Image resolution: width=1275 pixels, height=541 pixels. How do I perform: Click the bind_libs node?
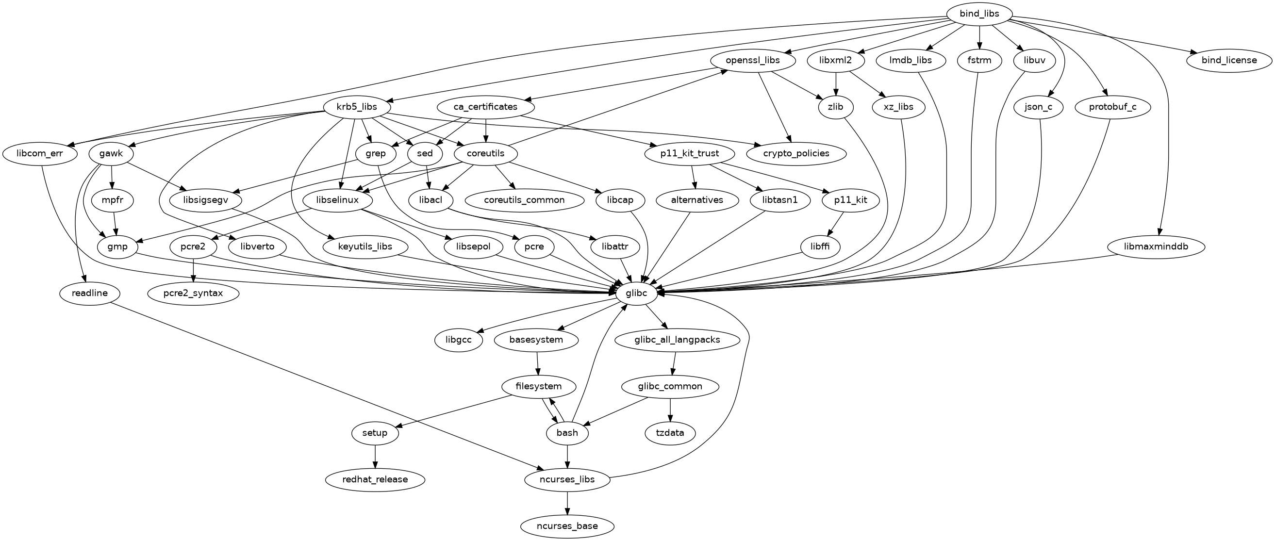click(979, 14)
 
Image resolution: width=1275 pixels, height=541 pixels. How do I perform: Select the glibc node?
click(636, 294)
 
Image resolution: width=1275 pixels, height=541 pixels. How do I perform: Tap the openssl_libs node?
click(752, 60)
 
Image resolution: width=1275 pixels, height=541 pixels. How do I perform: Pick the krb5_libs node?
click(357, 107)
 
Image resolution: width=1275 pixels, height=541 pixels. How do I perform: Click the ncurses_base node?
click(567, 526)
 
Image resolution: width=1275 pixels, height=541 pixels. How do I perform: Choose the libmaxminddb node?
click(1155, 246)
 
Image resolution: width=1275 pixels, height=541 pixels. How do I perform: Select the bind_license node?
click(1229, 60)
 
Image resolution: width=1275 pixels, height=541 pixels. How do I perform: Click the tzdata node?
click(670, 433)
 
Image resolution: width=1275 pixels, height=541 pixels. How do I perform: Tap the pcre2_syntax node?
click(194, 294)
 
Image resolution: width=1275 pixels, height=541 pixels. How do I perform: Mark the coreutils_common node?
click(524, 200)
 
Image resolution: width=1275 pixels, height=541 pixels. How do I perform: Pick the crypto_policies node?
click(796, 153)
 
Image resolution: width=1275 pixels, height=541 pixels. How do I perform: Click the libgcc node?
click(458, 340)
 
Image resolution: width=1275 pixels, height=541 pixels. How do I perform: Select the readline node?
click(90, 294)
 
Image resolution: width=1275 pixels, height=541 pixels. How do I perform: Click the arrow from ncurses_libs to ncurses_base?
click(567, 503)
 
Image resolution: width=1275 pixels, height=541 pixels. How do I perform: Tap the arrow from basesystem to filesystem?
click(538, 363)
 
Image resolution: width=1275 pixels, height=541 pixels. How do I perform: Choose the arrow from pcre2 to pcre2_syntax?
click(194, 270)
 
